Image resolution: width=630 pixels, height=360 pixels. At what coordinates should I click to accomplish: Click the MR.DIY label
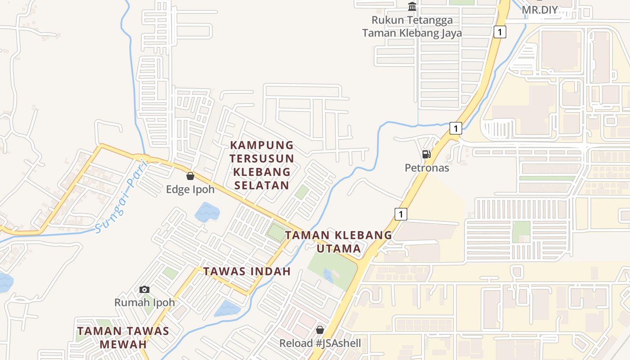click(540, 10)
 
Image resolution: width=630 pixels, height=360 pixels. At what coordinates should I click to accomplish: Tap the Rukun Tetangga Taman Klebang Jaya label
click(412, 27)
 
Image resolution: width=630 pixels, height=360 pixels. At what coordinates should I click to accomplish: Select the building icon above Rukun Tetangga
click(412, 7)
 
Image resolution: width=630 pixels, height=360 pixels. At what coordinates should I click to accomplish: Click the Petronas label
click(427, 168)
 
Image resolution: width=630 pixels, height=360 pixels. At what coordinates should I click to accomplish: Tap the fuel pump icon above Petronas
click(426, 154)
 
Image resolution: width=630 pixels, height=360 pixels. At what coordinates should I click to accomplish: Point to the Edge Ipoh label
click(190, 189)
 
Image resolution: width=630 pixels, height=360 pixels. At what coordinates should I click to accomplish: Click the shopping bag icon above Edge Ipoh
click(190, 176)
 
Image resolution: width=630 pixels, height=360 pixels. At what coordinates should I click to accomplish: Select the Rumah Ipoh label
click(144, 302)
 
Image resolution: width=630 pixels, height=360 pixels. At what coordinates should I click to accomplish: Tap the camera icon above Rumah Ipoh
click(144, 289)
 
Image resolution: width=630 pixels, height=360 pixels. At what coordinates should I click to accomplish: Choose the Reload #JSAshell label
click(320, 343)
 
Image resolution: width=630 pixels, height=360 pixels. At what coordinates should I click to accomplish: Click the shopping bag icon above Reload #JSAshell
click(320, 330)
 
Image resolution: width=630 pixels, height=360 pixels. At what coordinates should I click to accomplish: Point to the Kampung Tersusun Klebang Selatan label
click(261, 165)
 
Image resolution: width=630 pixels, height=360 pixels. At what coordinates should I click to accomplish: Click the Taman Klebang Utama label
click(338, 242)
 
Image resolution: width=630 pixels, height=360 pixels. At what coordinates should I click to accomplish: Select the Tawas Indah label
click(247, 271)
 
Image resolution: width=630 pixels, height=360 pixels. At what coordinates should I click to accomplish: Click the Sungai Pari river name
click(118, 203)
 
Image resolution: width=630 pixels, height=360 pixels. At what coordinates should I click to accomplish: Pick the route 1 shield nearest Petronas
click(456, 128)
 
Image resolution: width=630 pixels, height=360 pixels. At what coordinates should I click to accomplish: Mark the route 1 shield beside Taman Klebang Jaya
click(499, 31)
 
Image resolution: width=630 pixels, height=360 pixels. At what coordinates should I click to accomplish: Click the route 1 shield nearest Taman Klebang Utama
click(400, 214)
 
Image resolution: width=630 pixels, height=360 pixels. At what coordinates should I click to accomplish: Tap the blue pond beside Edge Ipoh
click(207, 212)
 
